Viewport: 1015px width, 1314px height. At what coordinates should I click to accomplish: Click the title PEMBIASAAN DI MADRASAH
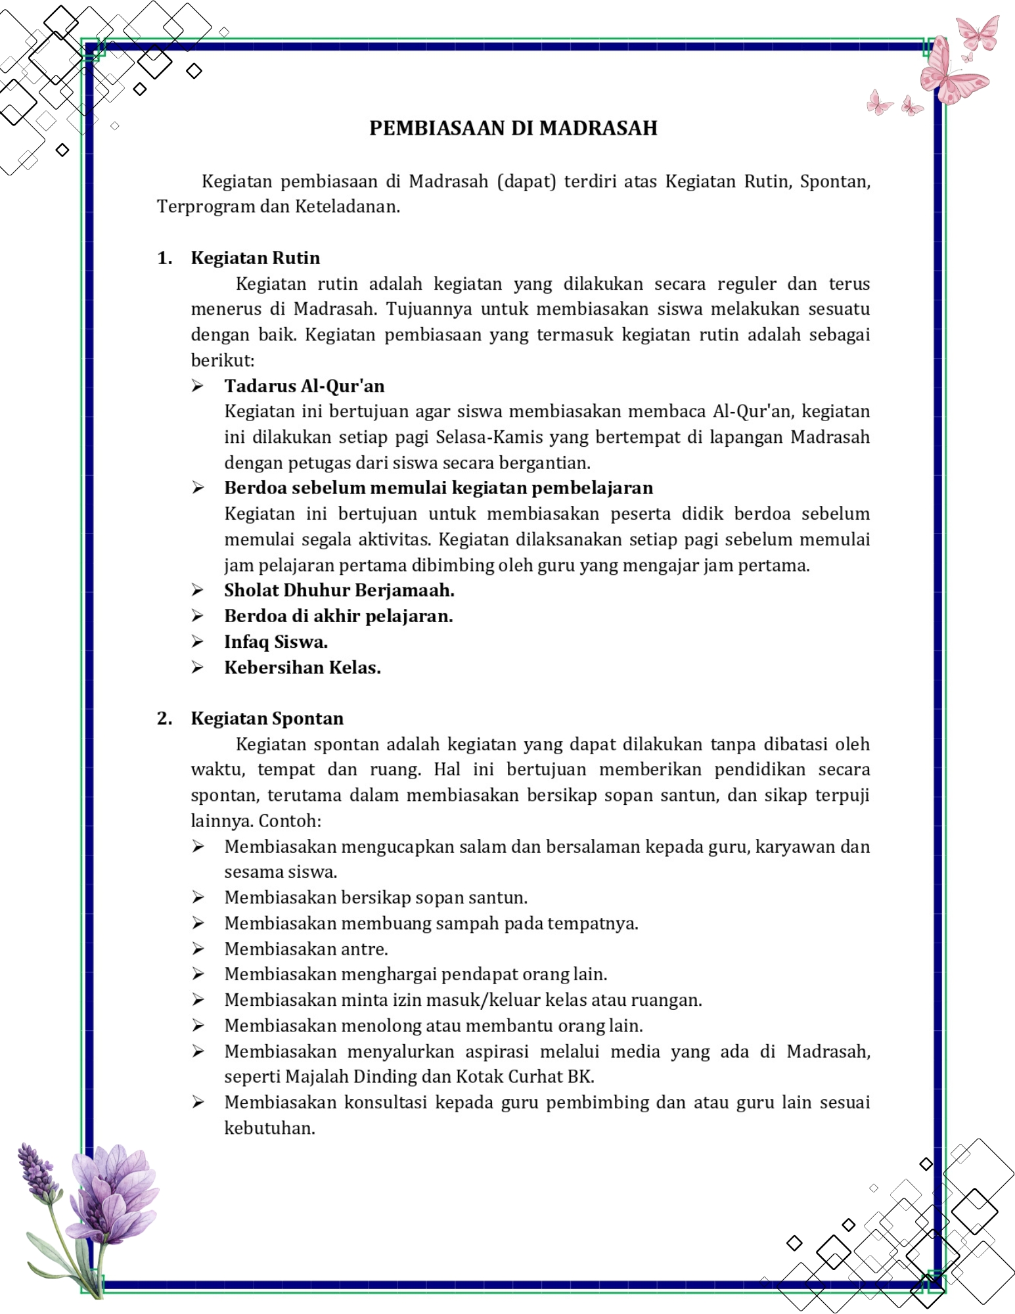point(513,127)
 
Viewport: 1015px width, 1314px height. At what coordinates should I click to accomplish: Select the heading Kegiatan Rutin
point(256,258)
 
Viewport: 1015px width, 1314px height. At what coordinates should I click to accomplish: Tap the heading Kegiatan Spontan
point(267,718)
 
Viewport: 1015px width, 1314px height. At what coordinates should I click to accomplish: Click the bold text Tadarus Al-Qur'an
point(304,386)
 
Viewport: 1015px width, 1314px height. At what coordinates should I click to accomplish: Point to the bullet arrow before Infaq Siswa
point(197,642)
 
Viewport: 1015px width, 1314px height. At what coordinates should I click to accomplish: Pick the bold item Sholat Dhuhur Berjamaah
point(339,590)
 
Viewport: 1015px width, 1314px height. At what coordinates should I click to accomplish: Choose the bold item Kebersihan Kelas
point(302,668)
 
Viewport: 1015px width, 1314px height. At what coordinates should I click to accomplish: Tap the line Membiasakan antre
point(306,949)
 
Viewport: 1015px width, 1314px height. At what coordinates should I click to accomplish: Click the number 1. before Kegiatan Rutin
point(164,258)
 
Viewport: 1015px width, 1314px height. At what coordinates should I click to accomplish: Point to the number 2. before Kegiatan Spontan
point(164,718)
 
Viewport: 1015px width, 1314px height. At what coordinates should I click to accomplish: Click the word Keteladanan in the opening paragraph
point(347,207)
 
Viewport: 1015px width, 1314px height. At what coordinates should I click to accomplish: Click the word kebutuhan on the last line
point(269,1128)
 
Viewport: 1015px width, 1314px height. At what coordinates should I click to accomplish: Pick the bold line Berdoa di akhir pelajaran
point(338,616)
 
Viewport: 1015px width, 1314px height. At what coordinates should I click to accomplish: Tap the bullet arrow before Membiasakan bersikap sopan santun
point(197,897)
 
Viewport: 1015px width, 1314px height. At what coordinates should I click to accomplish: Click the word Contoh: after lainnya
point(289,821)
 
